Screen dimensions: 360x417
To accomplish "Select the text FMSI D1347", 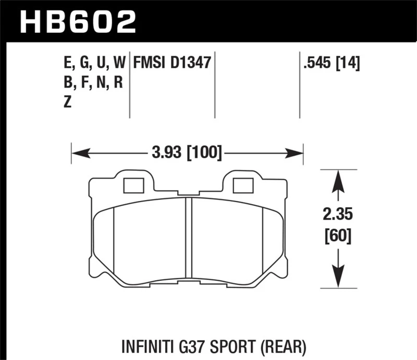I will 172,64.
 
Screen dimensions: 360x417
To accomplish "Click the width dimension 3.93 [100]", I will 186,153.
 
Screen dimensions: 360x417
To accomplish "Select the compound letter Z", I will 67,103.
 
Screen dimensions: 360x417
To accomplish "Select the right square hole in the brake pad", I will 241,185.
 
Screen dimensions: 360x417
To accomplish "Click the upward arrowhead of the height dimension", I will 338,180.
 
